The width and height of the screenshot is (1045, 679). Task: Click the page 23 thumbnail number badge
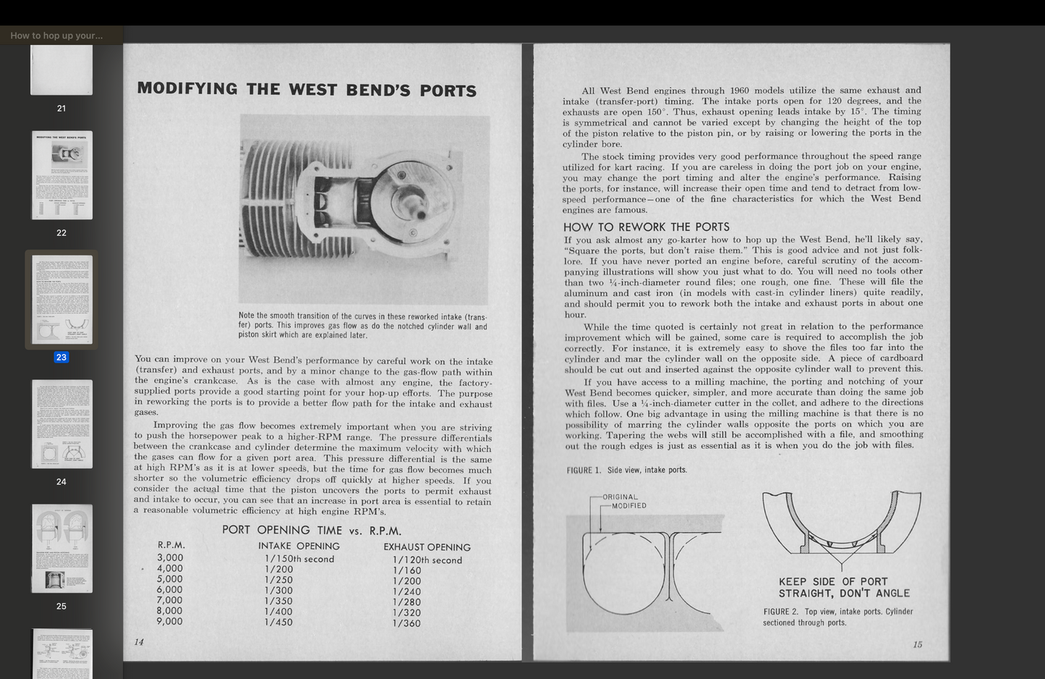[x=61, y=357]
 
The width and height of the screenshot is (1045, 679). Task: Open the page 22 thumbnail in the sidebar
[x=62, y=175]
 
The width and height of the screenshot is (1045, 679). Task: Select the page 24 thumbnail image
[x=62, y=423]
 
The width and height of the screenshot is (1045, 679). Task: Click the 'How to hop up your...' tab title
[x=56, y=35]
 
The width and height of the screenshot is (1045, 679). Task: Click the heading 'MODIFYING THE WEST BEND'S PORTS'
[x=307, y=90]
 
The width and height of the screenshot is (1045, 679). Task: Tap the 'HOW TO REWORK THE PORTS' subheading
[x=647, y=227]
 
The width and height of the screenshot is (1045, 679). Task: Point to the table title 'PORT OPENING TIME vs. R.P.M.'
[x=312, y=531]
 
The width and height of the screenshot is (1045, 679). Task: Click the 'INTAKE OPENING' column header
[x=299, y=547]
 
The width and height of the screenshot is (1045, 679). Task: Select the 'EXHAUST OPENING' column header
[x=427, y=547]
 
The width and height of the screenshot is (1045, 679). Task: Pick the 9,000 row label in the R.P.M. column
[x=170, y=621]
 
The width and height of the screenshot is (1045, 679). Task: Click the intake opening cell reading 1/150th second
[x=299, y=559]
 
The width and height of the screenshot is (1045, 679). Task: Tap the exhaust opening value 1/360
[x=406, y=623]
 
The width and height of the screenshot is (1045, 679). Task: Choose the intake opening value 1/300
[x=278, y=590]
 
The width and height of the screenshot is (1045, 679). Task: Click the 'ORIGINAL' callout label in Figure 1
[x=620, y=497]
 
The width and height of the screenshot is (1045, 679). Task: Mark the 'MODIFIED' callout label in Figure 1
[x=628, y=506]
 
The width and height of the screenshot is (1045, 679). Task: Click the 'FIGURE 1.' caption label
[x=584, y=471]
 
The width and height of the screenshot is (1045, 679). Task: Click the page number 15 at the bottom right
[x=917, y=644]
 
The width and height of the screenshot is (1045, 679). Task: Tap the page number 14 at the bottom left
[x=139, y=642]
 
